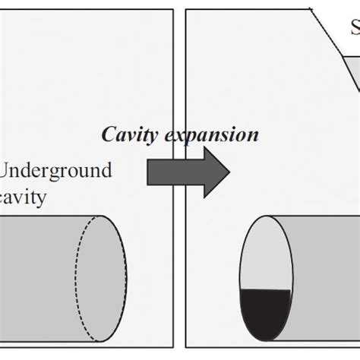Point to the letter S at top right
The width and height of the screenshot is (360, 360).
[x=355, y=30]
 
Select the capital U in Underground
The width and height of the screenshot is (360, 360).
[x=11, y=169]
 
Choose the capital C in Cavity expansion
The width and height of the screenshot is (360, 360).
[x=107, y=134]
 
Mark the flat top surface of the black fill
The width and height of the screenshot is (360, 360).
[x=265, y=291]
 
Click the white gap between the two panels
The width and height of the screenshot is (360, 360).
[x=179, y=76]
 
